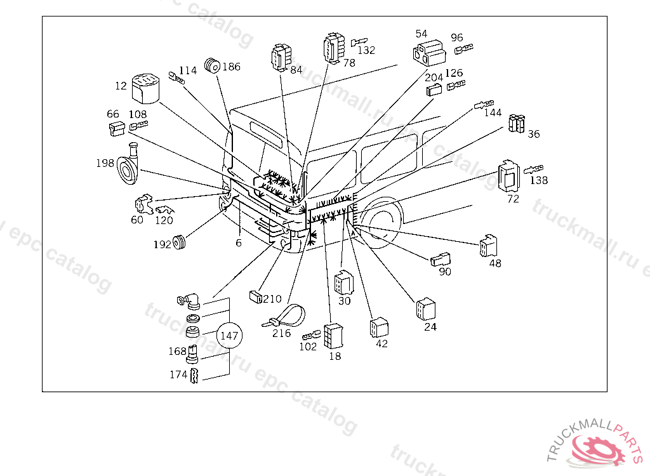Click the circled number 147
click(229, 335)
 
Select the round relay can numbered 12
click(145, 88)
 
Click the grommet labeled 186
click(212, 65)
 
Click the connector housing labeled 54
click(430, 53)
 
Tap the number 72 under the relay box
click(513, 199)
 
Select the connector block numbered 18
click(334, 336)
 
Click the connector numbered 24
click(426, 309)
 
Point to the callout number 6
click(239, 243)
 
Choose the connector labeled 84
click(281, 58)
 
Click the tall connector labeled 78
click(334, 48)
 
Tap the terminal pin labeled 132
click(359, 42)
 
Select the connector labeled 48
click(488, 246)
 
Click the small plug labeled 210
click(255, 297)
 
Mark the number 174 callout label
click(178, 375)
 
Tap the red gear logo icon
click(597, 450)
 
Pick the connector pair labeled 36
click(517, 124)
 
